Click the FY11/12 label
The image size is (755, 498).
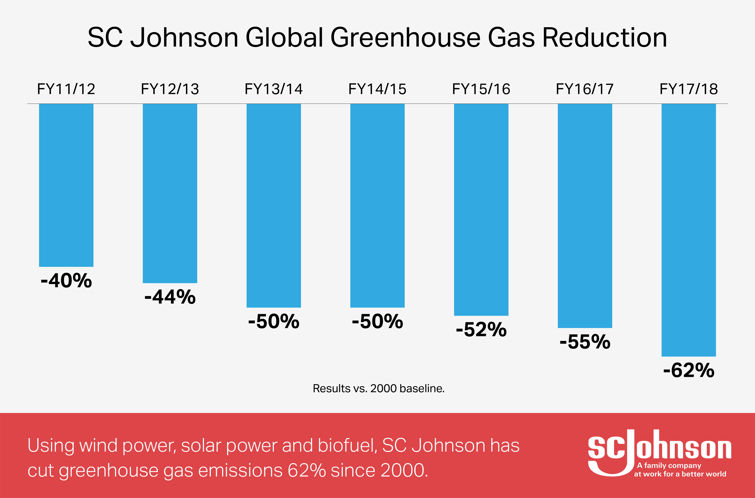click(66, 89)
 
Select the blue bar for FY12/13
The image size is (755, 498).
click(170, 193)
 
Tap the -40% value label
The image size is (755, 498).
click(66, 281)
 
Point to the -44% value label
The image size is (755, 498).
click(170, 297)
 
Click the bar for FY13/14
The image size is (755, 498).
click(273, 205)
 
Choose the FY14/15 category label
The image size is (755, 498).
click(377, 89)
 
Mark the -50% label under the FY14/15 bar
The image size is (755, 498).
click(377, 321)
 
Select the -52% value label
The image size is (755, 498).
click(481, 330)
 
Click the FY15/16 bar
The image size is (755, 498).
click(481, 210)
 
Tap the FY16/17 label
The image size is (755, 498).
click(585, 89)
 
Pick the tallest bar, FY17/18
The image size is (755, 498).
click(688, 230)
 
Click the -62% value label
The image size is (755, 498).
click(688, 370)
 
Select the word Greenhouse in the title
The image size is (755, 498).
click(405, 37)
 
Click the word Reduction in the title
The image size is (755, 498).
click(605, 37)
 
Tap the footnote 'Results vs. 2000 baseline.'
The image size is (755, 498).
click(378, 388)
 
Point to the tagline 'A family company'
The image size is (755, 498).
click(669, 466)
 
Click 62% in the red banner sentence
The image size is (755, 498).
click(306, 470)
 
